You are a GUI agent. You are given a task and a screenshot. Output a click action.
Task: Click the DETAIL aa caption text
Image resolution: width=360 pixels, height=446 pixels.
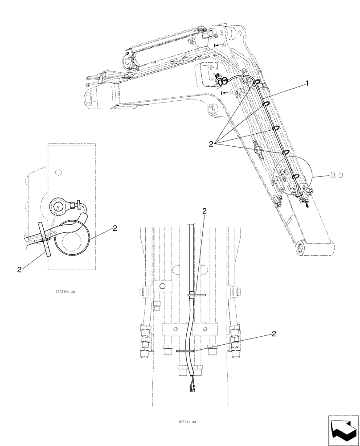[188, 421]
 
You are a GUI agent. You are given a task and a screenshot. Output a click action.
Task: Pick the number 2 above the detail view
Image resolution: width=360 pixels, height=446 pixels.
[204, 211]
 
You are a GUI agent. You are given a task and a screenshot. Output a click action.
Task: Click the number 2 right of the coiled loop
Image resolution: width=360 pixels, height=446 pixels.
[115, 228]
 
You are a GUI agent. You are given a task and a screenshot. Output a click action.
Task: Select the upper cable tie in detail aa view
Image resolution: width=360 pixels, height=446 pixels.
[196, 295]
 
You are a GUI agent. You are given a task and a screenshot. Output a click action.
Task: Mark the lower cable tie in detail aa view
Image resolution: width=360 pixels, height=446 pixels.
[186, 351]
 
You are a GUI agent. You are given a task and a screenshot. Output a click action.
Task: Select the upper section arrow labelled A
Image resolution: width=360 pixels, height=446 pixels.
[219, 45]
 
